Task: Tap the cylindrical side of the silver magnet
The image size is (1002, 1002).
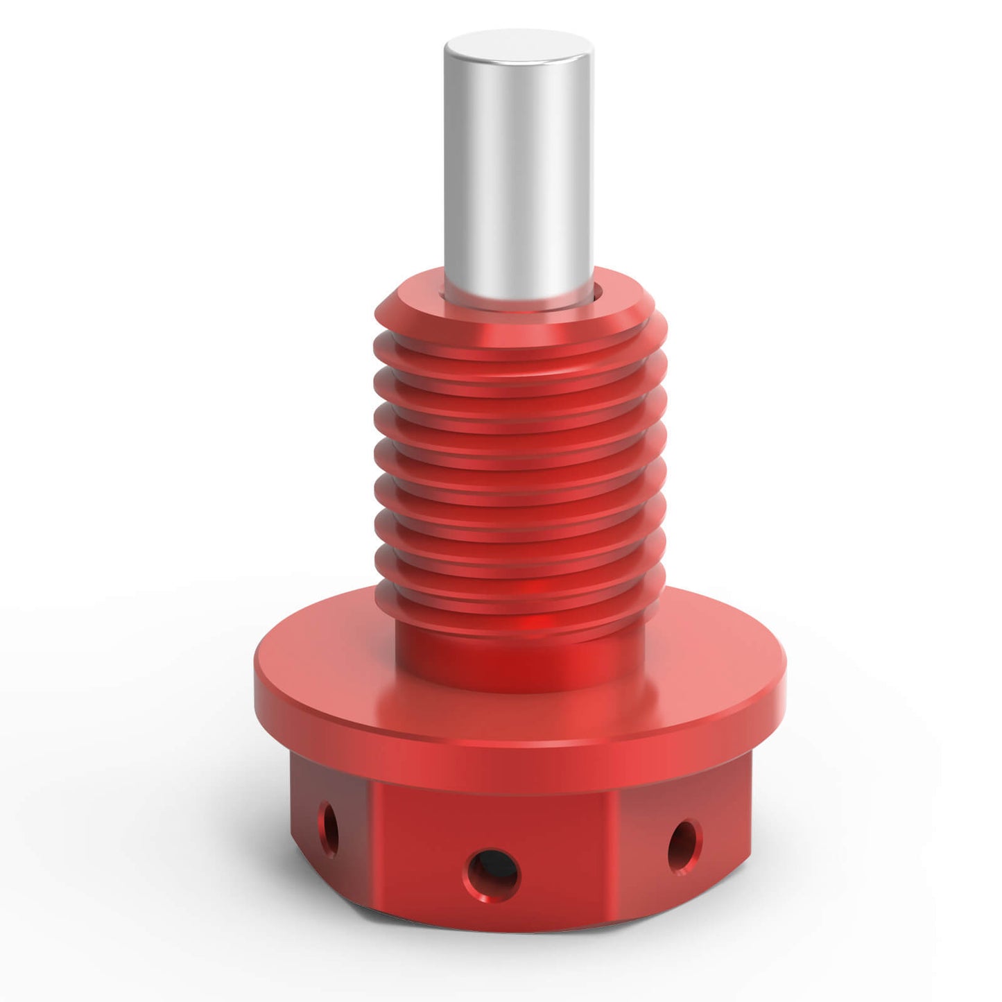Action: pos(519,173)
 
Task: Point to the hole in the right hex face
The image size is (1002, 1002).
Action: pos(684,847)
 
